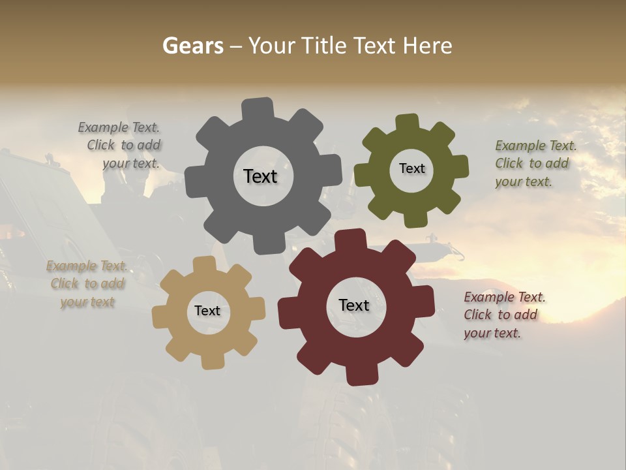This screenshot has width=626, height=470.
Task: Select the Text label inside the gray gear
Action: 260,176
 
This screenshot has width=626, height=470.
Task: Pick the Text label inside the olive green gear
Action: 411,168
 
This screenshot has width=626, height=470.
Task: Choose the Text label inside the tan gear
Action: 207,311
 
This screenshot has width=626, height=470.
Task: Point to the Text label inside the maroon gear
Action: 354,305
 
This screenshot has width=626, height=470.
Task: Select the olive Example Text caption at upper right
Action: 535,163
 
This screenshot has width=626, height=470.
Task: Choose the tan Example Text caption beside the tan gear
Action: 87,284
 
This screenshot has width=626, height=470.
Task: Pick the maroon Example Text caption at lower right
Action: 503,315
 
